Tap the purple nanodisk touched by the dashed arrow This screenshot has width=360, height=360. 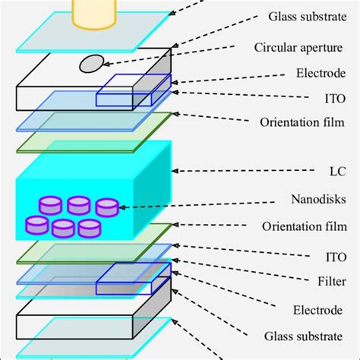[106, 207]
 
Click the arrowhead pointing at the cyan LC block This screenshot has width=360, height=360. [177, 169]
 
